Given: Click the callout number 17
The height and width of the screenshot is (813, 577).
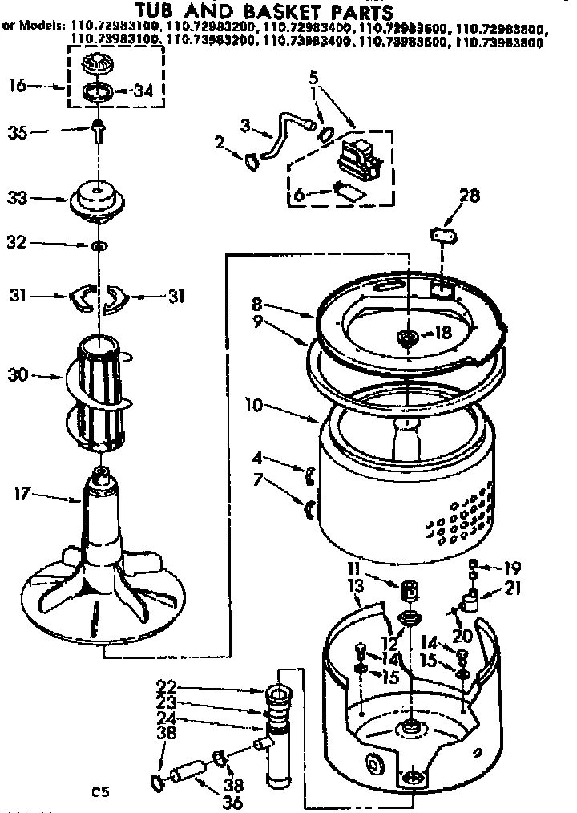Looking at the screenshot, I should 22,494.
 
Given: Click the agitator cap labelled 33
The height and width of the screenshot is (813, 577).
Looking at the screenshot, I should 98,198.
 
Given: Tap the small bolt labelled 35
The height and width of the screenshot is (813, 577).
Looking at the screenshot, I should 98,130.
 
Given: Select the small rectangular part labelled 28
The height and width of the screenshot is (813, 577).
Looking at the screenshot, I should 442,234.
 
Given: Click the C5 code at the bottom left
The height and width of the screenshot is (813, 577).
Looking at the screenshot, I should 99,793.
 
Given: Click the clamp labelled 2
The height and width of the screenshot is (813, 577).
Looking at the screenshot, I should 250,160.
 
